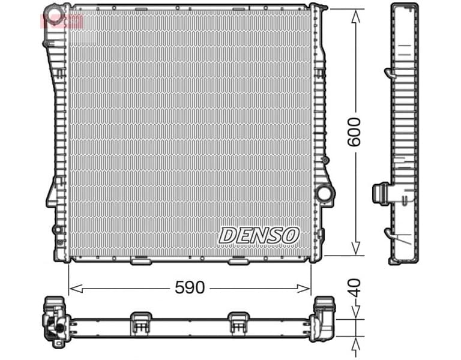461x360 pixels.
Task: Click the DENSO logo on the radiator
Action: coord(259,235)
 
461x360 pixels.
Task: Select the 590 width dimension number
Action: coord(189,288)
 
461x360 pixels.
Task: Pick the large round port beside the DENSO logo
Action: coord(324,194)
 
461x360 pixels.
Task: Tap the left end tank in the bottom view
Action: coord(55,321)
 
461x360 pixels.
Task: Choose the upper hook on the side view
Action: coord(388,73)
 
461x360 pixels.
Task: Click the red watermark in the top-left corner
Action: coord(60,22)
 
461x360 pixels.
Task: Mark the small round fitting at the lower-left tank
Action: coord(57,229)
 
